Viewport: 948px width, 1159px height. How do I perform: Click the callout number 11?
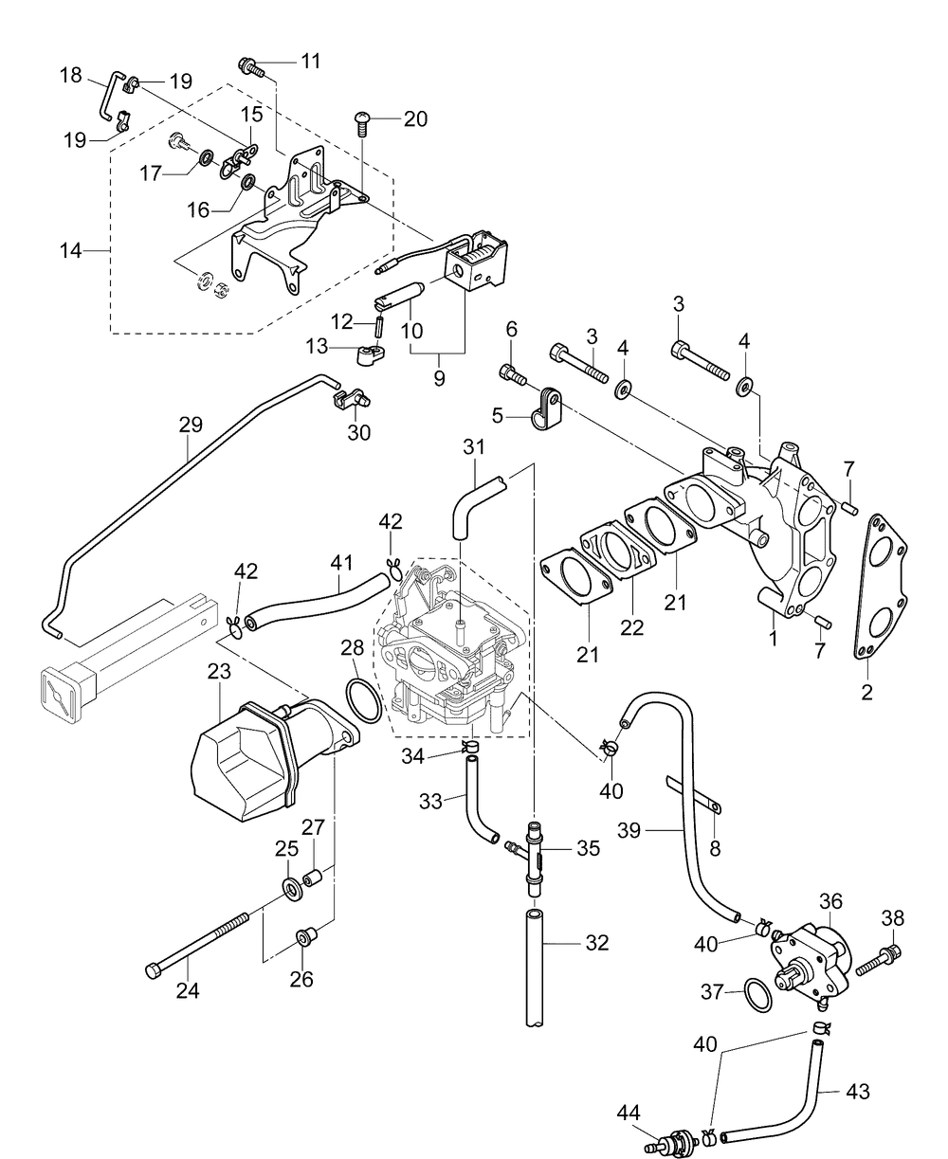311,61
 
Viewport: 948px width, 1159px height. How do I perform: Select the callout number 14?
71,250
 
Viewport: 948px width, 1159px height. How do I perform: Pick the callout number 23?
219,672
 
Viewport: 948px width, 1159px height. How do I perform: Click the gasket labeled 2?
881,587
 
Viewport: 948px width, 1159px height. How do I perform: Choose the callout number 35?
588,848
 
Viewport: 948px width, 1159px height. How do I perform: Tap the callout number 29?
191,425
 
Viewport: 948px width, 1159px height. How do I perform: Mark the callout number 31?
474,446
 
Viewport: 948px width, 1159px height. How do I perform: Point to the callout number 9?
439,379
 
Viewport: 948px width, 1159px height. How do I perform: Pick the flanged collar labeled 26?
305,936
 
